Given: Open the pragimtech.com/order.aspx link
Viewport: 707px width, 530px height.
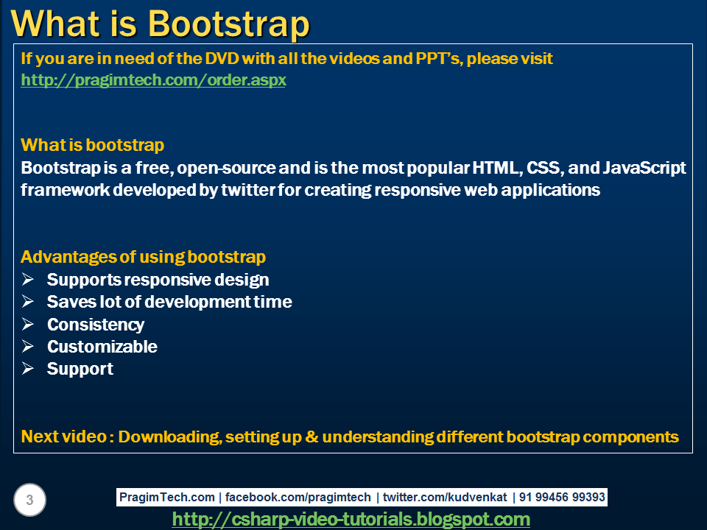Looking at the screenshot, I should (153, 80).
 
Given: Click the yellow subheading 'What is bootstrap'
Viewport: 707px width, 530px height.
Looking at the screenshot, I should (92, 145).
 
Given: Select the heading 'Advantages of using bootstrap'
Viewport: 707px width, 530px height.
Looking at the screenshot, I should (143, 257).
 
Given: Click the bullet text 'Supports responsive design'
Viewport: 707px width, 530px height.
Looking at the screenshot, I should (158, 280).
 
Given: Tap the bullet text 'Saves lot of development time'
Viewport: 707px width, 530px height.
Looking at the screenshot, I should (169, 302).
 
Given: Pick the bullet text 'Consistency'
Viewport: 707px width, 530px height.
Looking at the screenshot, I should (96, 325).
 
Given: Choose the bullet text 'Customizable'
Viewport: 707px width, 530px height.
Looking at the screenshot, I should (102, 347).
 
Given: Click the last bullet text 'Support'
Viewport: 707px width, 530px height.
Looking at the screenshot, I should (80, 369).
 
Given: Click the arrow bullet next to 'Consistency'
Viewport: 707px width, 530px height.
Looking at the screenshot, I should (28, 324).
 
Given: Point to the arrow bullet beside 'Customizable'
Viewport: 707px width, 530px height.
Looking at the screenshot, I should (28, 346).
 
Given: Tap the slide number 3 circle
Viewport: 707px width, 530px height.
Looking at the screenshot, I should (29, 501).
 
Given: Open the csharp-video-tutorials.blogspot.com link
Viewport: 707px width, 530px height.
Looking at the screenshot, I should (351, 520).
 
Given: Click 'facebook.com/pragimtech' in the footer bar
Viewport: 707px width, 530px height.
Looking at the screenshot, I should (298, 498).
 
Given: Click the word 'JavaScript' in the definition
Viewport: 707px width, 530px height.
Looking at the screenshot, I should (644, 168).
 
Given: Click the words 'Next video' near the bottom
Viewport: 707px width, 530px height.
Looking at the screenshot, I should (63, 437).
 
